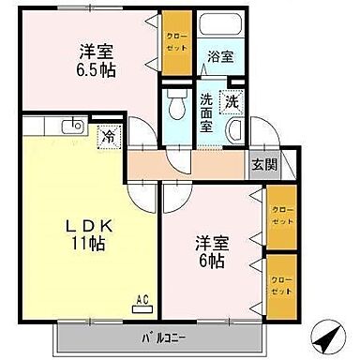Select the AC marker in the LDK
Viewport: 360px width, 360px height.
(x=143, y=300)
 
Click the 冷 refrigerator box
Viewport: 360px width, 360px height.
(x=110, y=136)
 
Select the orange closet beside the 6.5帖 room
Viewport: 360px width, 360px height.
(x=175, y=42)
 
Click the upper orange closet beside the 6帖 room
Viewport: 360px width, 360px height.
(x=279, y=214)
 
